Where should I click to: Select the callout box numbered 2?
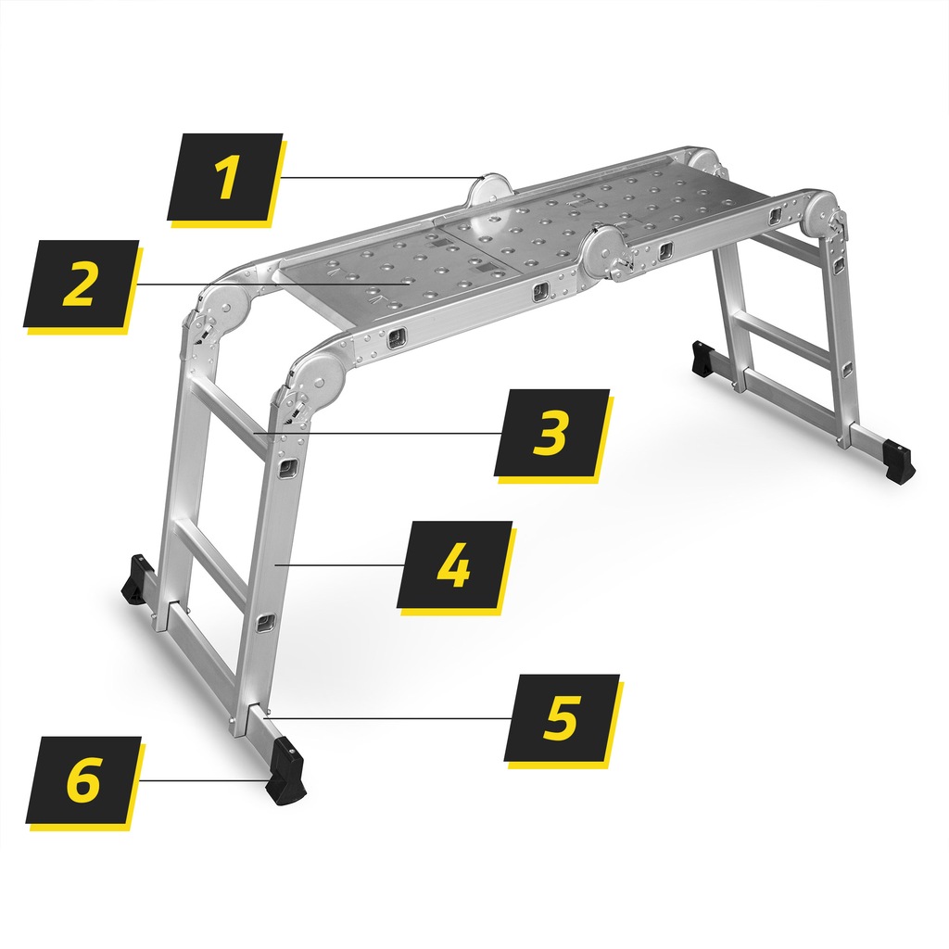pos(82,284)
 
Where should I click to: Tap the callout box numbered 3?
pos(551,433)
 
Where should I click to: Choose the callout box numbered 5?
pos(562,718)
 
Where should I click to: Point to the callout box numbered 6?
pos(83,780)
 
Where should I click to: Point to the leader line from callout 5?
pos(387,718)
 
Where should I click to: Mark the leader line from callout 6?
pos(203,780)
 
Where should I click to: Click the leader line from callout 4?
pos(339,564)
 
